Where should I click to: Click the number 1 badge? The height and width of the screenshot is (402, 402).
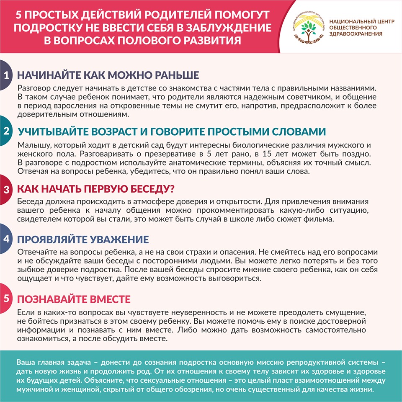point(6,75)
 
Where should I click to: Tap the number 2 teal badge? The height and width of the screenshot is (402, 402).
point(6,131)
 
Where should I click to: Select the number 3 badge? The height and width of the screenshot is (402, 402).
point(6,189)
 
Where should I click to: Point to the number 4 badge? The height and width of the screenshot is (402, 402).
point(6,239)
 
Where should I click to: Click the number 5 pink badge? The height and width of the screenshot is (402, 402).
point(6,299)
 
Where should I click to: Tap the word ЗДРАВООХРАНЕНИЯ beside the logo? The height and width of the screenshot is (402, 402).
point(356,34)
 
